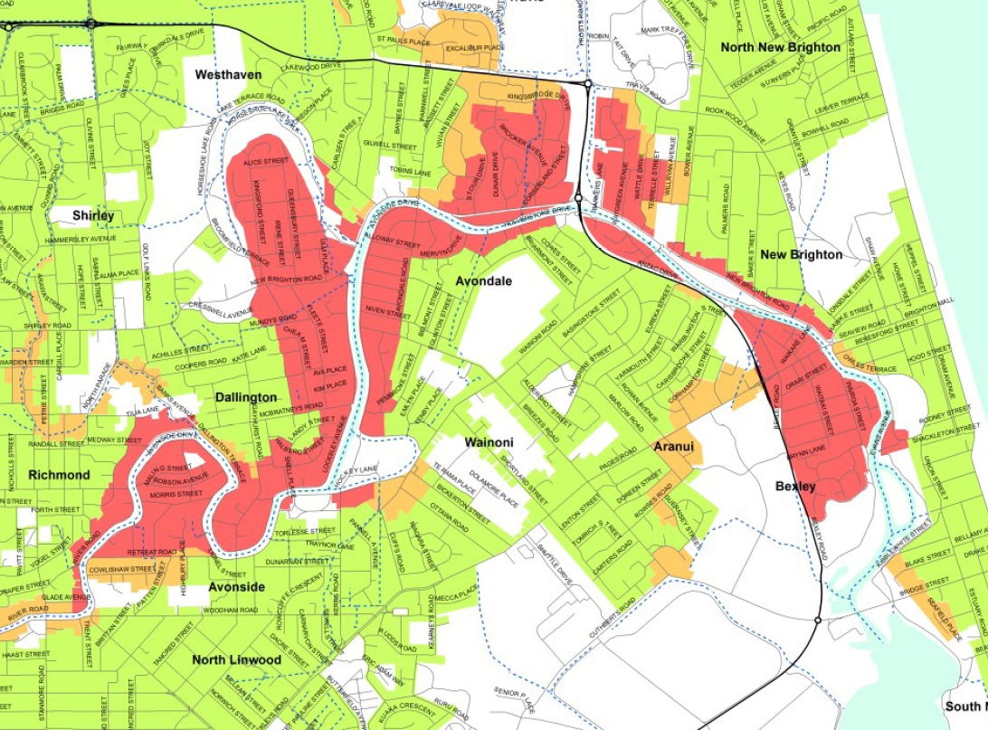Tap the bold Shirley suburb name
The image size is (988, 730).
click(x=94, y=216)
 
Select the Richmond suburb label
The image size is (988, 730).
click(x=60, y=475)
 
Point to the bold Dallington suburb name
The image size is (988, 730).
click(x=246, y=397)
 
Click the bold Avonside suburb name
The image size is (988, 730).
click(x=237, y=587)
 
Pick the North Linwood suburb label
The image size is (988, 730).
click(x=236, y=659)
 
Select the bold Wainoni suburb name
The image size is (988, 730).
click(x=489, y=442)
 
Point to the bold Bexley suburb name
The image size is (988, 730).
click(x=796, y=487)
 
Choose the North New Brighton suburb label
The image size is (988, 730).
click(x=780, y=46)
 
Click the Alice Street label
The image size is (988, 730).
click(x=263, y=161)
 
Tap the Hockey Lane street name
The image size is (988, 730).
click(x=357, y=470)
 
